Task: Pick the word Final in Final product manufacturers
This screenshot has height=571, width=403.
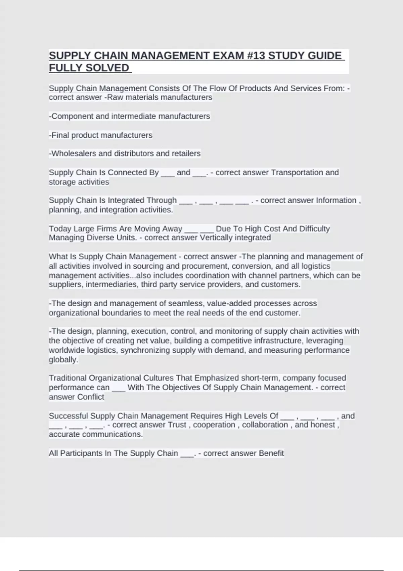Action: coord(60,135)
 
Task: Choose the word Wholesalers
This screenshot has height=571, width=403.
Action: coord(74,153)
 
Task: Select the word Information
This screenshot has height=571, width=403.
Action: coord(336,201)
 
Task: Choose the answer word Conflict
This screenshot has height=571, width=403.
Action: coord(91,397)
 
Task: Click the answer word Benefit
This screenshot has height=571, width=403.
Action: coord(271,453)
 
